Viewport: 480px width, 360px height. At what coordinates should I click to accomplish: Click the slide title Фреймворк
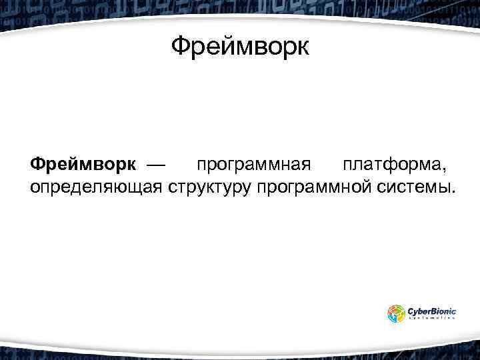pos(240,47)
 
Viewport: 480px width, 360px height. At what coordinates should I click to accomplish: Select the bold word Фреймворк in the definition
pos(83,164)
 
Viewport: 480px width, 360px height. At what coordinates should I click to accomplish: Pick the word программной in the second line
pos(313,187)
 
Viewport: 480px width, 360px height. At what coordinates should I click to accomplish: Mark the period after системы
pos(453,191)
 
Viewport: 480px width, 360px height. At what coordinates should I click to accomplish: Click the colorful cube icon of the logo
pos(396,313)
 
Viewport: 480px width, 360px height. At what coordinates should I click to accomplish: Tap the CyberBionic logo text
pos(431,310)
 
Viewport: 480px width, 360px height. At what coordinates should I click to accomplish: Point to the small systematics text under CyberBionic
pos(431,319)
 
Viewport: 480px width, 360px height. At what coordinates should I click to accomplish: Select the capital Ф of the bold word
pos(37,164)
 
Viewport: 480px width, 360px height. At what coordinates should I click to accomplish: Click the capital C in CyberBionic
pos(411,310)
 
